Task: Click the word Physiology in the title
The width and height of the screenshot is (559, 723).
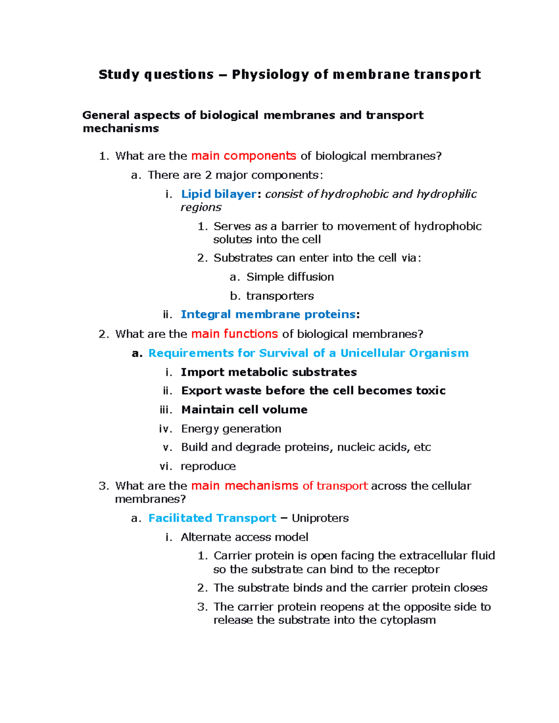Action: [x=270, y=75]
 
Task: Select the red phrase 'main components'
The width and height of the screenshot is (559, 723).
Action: [x=244, y=156]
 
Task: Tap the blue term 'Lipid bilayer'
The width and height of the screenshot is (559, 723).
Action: [x=218, y=194]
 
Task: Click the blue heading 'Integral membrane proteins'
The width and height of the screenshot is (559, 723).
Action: [x=268, y=315]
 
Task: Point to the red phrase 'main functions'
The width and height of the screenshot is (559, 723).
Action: [x=234, y=334]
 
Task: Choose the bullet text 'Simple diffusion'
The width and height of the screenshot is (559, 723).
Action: [x=290, y=277]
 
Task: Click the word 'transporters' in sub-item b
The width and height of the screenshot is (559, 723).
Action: [x=280, y=296]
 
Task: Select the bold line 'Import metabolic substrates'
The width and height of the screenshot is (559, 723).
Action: [x=269, y=372]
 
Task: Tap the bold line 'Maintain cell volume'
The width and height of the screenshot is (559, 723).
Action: [x=244, y=410]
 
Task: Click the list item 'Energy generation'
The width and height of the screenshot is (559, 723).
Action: [x=231, y=429]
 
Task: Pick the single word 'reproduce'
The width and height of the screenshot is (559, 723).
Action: [x=208, y=466]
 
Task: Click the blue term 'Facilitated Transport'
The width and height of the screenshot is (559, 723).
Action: [x=212, y=518]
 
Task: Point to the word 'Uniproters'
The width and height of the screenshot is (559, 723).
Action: [x=320, y=518]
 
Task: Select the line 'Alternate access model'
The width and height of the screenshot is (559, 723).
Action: [x=245, y=537]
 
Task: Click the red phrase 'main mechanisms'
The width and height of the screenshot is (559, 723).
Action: [x=245, y=486]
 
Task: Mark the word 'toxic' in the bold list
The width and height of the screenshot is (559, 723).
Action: [x=430, y=391]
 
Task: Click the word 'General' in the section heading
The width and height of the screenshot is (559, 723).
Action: [x=106, y=115]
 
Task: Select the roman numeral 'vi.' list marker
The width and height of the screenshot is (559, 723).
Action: [x=166, y=466]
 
